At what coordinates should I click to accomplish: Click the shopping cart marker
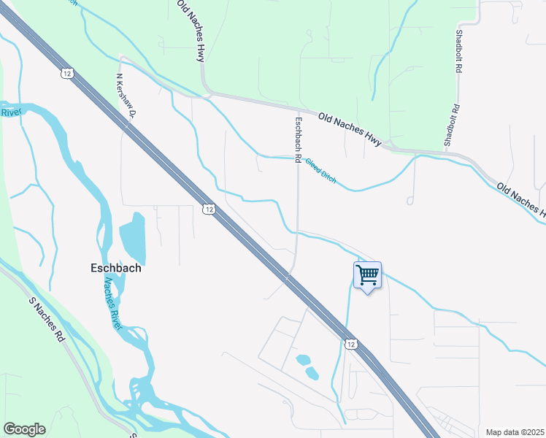[367, 276]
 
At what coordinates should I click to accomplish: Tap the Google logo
[24, 429]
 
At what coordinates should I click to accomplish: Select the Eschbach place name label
[112, 268]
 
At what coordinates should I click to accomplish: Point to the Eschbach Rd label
[298, 139]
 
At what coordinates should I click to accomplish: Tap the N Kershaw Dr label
[126, 95]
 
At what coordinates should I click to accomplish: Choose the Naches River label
[112, 304]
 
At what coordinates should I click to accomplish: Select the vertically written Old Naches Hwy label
[192, 31]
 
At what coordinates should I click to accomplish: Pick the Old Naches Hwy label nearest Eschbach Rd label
[350, 128]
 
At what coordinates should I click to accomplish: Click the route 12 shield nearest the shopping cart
[351, 344]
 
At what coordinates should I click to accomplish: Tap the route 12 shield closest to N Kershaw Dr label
[67, 73]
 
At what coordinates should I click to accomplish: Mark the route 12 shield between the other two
[209, 209]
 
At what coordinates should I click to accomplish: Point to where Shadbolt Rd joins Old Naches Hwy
[447, 151]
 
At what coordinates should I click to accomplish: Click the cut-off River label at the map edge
[11, 112]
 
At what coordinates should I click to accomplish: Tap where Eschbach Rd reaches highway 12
[290, 273]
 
